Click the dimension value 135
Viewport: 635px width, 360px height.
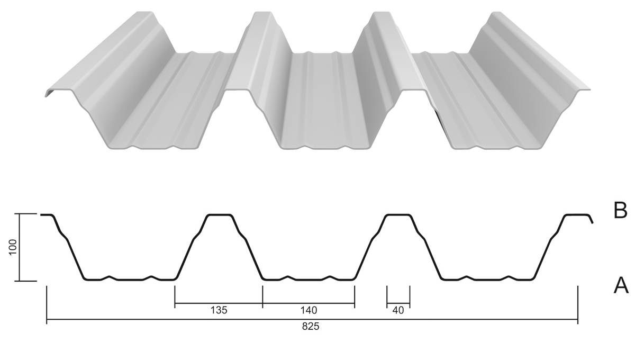coord(219,310)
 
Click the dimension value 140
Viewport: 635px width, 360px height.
coord(309,310)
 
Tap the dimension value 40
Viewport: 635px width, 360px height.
coord(398,310)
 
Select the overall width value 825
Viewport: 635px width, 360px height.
coord(311,327)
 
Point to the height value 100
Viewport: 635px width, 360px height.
coord(13,247)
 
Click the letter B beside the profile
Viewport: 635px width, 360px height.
coord(620,211)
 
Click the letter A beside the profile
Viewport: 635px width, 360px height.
coord(621,285)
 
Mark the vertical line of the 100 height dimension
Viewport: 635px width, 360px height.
coord(19,247)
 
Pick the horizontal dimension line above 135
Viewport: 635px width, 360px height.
coord(219,303)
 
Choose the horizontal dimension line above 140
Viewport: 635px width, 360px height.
coord(309,303)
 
